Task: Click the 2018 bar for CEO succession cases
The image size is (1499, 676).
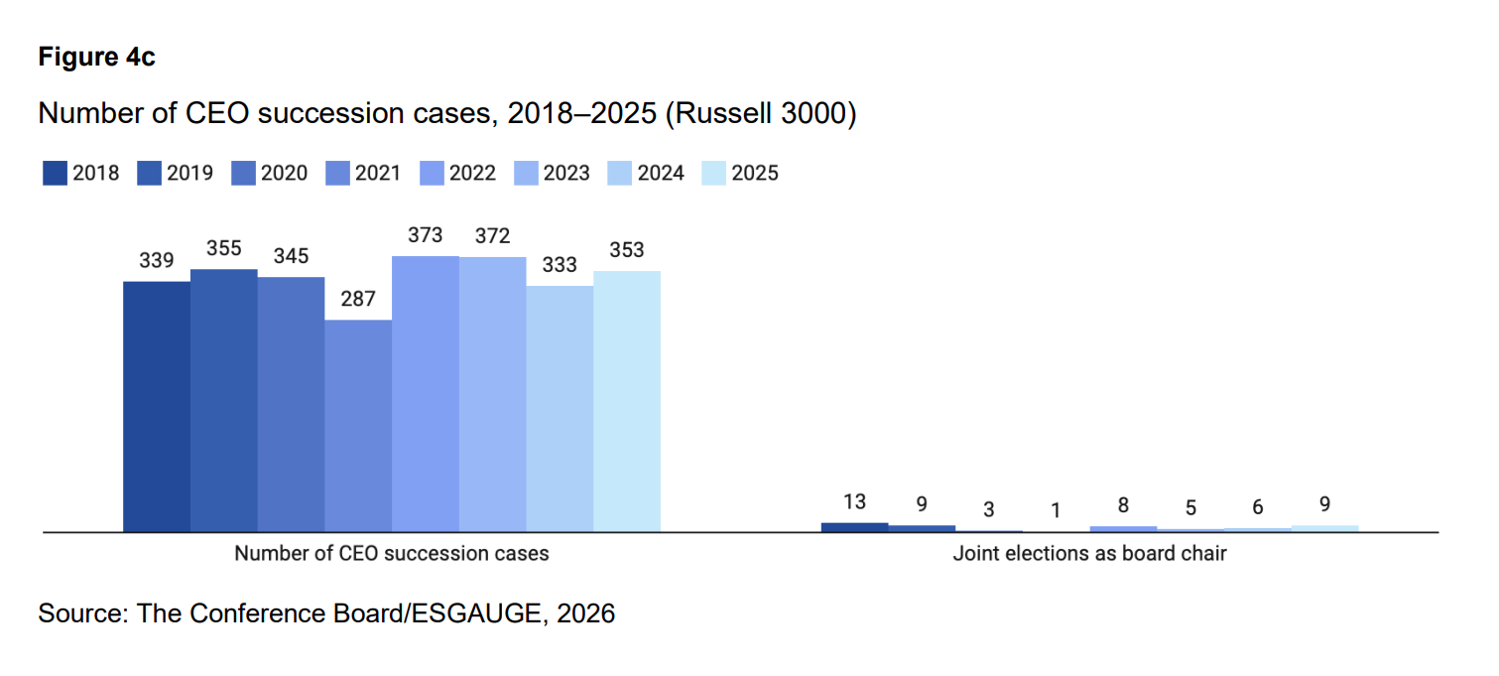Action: tap(157, 407)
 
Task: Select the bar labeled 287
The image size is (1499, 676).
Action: tap(358, 427)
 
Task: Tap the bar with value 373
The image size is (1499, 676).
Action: tap(426, 394)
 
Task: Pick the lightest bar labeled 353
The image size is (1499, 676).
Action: tap(627, 402)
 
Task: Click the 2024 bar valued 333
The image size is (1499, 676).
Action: tap(560, 410)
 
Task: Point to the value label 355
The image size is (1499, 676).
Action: tap(223, 248)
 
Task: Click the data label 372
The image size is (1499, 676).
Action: tap(492, 235)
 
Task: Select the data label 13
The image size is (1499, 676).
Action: tap(854, 501)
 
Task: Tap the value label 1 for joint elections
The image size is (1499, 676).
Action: tap(1056, 510)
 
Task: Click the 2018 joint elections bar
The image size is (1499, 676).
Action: tap(854, 527)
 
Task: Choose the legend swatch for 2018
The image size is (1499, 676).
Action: tap(55, 173)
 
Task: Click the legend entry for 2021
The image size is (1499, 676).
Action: tap(363, 173)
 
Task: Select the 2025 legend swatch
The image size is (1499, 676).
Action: tap(714, 173)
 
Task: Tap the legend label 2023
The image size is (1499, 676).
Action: tap(566, 174)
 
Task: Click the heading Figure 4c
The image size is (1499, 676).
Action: tap(96, 57)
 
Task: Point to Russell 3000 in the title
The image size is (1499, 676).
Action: tap(761, 113)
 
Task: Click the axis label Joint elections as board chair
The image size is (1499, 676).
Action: tap(1089, 554)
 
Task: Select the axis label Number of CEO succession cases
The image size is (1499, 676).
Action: tap(392, 554)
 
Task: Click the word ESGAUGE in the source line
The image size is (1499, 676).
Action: tap(476, 613)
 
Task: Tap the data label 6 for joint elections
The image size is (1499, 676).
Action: tap(1257, 507)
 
